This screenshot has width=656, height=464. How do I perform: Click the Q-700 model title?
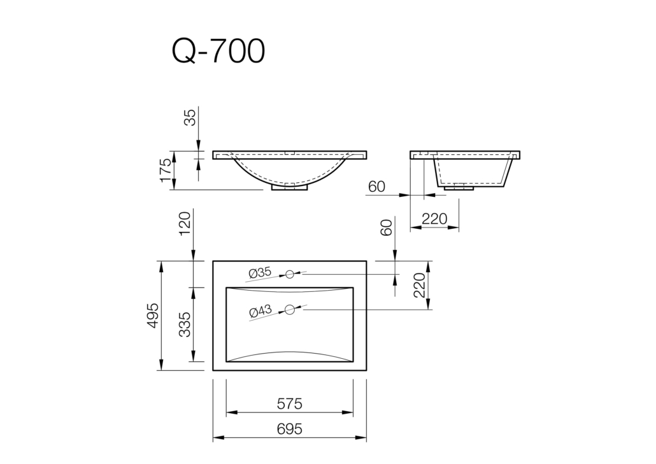pyautogui.click(x=218, y=52)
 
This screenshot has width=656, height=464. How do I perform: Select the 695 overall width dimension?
pyautogui.click(x=290, y=429)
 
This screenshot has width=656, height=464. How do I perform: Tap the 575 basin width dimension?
pyautogui.click(x=290, y=404)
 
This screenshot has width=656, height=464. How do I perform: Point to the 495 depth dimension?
pyautogui.click(x=153, y=315)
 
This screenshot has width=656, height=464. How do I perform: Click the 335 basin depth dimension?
pyautogui.click(x=185, y=324)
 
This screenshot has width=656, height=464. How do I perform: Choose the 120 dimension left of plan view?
pyautogui.click(x=185, y=224)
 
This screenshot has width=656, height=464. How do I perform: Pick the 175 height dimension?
pyautogui.click(x=165, y=170)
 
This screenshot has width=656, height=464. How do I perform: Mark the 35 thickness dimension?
pyautogui.click(x=190, y=118)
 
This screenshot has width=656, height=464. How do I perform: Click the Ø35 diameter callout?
pyautogui.click(x=260, y=273)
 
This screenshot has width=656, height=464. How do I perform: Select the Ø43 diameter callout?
pyautogui.click(x=260, y=311)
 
